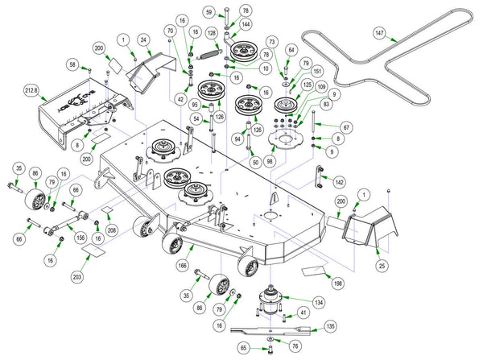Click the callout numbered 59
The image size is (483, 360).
coord(208,13)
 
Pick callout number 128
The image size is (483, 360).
coord(212,33)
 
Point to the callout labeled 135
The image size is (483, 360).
coord(329,327)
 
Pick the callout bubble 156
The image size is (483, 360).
coord(80,237)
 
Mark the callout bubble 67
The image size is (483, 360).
coord(346,126)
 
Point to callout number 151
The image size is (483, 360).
coord(317,72)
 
